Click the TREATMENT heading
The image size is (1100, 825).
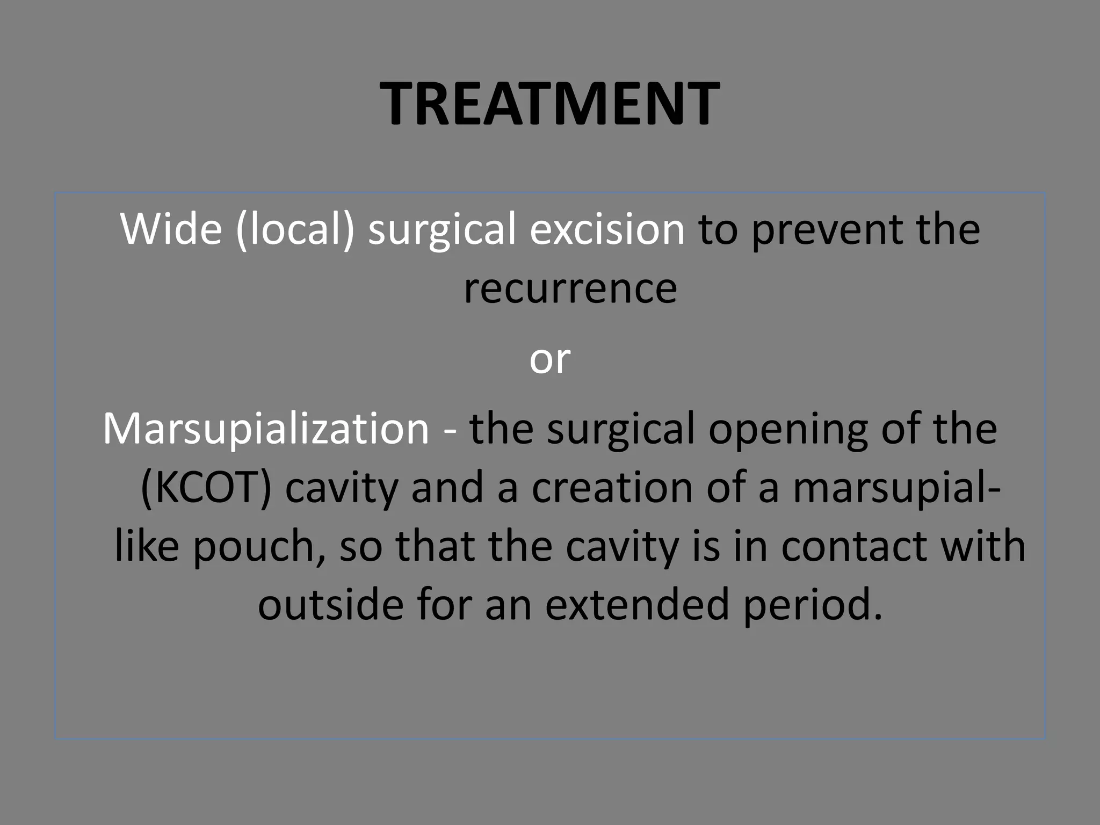pyautogui.click(x=549, y=103)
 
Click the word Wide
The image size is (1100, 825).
pyautogui.click(x=171, y=229)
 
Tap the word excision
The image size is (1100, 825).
pyautogui.click(x=607, y=229)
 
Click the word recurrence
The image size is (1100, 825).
pyautogui.click(x=570, y=289)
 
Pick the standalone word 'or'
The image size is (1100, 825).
pyautogui.click(x=549, y=359)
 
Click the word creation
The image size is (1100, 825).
pyautogui.click(x=612, y=488)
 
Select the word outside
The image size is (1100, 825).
pyautogui.click(x=330, y=605)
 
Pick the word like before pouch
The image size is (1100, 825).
pyautogui.click(x=147, y=546)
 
